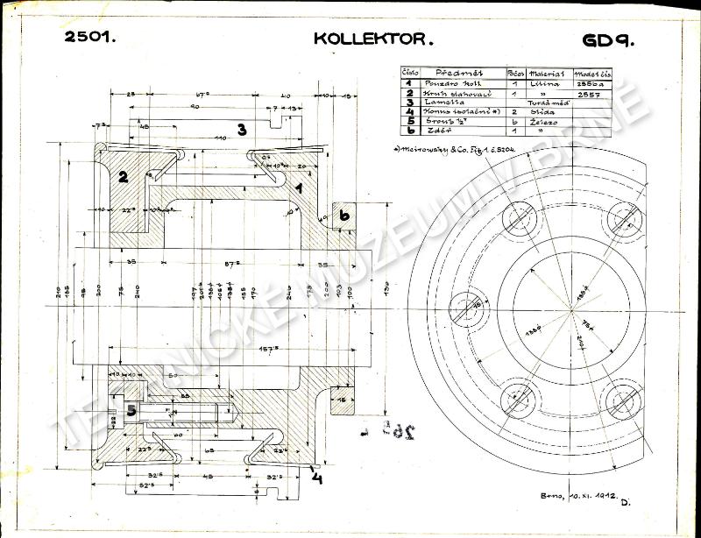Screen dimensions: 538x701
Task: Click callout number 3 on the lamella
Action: (x=240, y=129)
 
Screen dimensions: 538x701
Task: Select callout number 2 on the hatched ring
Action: (x=124, y=176)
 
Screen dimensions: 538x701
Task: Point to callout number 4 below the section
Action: (x=316, y=478)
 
